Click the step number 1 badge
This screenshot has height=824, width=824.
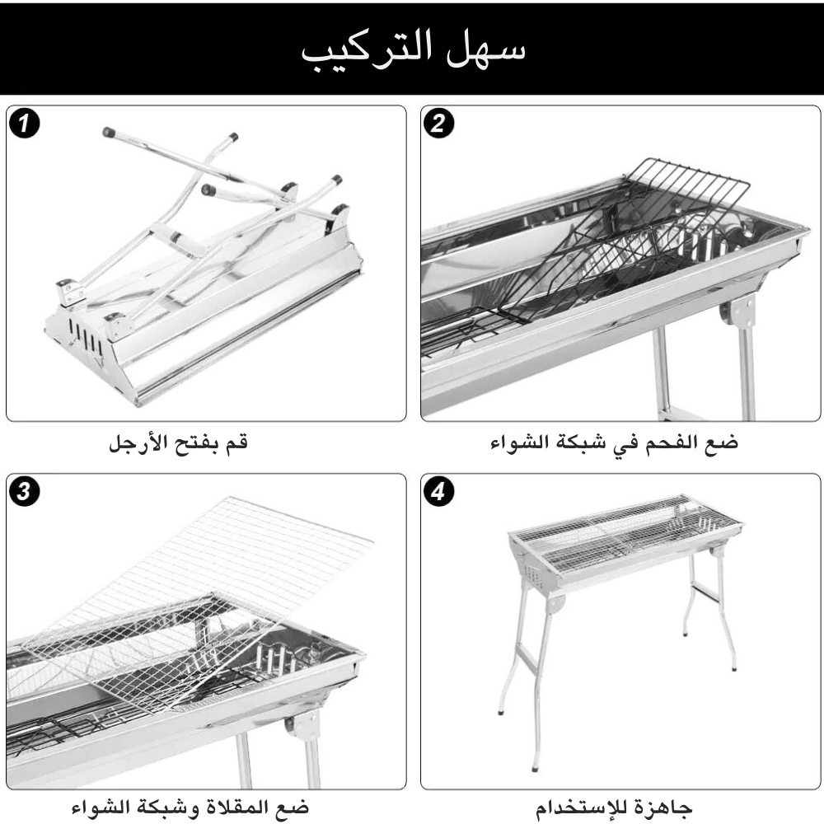point(27,124)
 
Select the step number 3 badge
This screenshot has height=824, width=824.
point(27,493)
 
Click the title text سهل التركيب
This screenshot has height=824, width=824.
point(411,49)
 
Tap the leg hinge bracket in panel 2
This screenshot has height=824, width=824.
point(739,311)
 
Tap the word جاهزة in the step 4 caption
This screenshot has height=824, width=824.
point(667,806)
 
